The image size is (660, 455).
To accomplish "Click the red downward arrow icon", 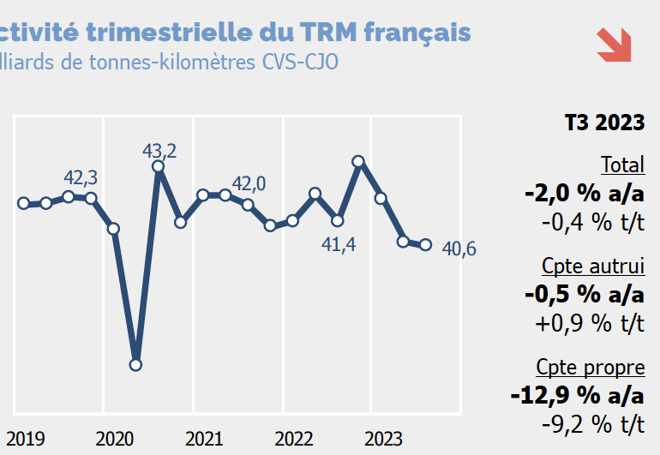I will [614, 45].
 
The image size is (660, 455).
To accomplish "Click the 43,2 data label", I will [159, 151].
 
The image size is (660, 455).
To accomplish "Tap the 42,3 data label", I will [81, 177].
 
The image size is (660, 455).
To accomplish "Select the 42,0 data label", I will [249, 183].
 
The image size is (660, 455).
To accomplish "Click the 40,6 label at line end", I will [459, 249].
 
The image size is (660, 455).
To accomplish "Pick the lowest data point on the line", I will [135, 365].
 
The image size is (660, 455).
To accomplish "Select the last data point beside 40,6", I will [425, 245].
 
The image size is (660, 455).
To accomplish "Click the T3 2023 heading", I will [604, 123].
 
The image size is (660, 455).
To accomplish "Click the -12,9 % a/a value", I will [576, 395].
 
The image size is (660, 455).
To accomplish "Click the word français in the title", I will [417, 33].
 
